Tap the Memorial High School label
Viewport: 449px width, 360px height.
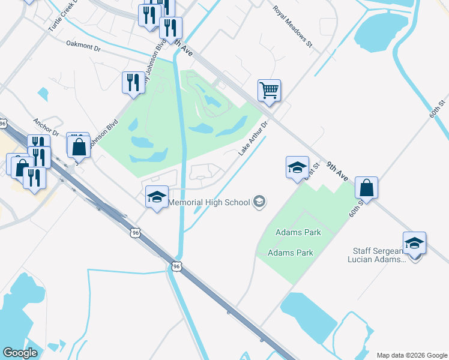[x=209, y=202]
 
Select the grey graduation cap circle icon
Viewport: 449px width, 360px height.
[x=259, y=202]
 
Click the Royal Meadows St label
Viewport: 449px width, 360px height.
[x=294, y=27]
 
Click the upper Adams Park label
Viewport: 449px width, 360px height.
[x=298, y=232]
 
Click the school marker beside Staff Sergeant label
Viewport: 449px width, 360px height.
[x=414, y=244]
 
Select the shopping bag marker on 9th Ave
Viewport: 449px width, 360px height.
[x=366, y=188]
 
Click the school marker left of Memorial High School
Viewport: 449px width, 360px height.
[x=157, y=197]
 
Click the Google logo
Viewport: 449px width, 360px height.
[x=20, y=353]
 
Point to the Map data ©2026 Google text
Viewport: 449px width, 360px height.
[x=412, y=355]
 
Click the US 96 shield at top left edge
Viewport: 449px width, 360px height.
[x=4, y=123]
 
